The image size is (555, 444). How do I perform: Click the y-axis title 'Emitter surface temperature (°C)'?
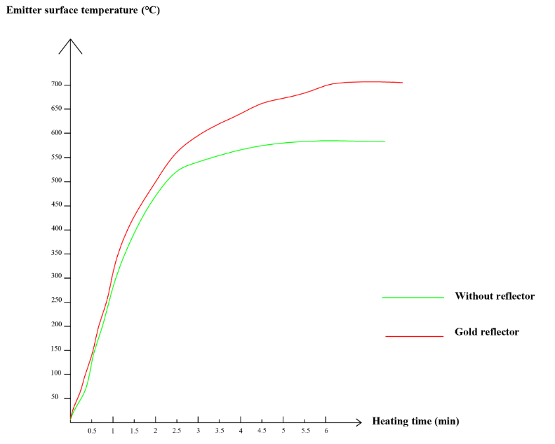(x=83, y=11)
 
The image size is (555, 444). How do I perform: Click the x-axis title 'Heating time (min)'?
(x=415, y=421)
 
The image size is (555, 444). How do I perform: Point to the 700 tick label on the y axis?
(x=56, y=85)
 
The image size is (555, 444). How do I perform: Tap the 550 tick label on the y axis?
(x=56, y=158)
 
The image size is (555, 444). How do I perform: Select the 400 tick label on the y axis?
(x=56, y=230)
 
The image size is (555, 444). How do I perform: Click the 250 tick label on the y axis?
(x=56, y=302)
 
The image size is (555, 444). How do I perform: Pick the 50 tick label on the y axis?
(x=54, y=398)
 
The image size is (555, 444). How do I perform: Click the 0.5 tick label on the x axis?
(x=92, y=431)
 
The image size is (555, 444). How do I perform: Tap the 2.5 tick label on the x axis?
(x=177, y=431)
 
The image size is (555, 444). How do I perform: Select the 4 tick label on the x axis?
(x=241, y=431)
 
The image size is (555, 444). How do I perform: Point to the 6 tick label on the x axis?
(x=326, y=431)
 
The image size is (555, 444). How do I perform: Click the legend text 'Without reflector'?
(x=495, y=296)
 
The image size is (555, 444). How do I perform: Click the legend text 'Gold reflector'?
(x=487, y=332)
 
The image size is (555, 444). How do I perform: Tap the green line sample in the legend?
(x=413, y=297)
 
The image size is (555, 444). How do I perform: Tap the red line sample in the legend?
(x=414, y=336)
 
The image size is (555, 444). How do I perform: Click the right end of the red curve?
(x=402, y=83)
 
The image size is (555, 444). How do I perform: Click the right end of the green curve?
(x=385, y=141)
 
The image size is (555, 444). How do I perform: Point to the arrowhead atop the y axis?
(x=71, y=41)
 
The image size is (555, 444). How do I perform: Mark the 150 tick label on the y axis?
(x=56, y=350)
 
